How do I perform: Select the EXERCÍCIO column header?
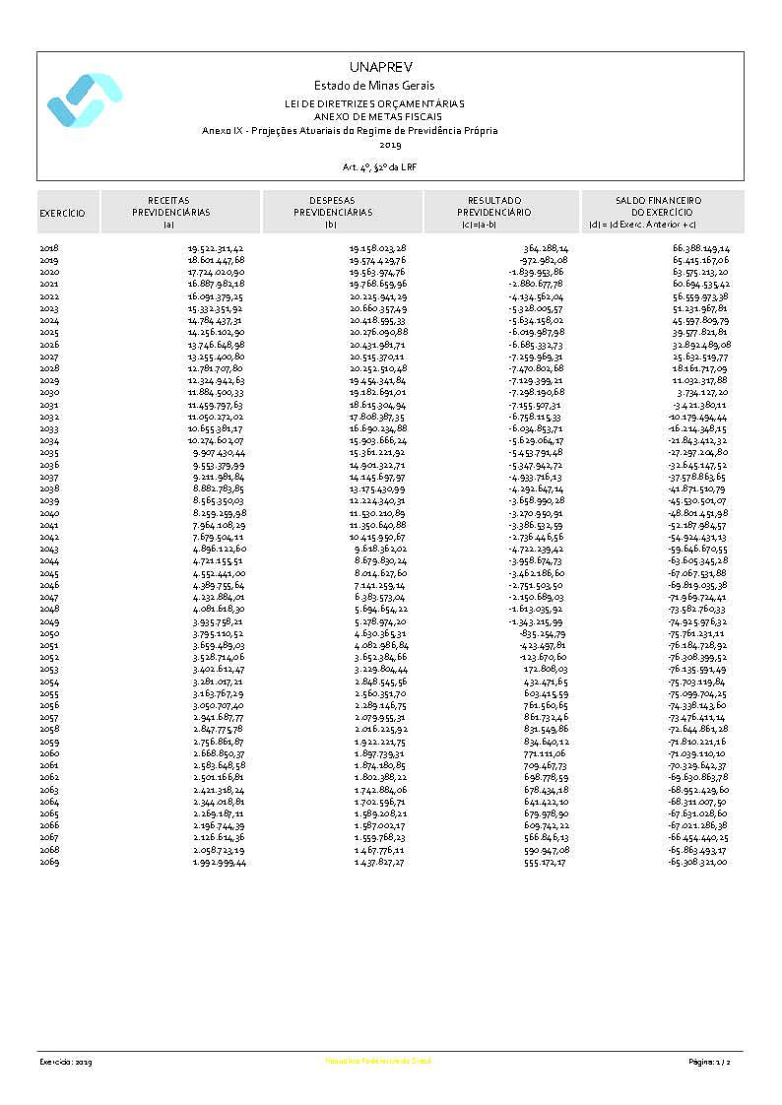tap(62, 213)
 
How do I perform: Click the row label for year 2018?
tap(49, 248)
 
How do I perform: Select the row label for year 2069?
tap(49, 863)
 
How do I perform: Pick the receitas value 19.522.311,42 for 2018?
tap(217, 248)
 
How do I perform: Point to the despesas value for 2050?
tap(380, 634)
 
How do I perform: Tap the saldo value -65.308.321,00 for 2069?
tap(697, 863)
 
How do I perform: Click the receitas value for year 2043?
tap(219, 549)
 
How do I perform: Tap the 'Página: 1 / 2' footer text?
tap(709, 1062)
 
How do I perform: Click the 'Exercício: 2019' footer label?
tap(66, 1062)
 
